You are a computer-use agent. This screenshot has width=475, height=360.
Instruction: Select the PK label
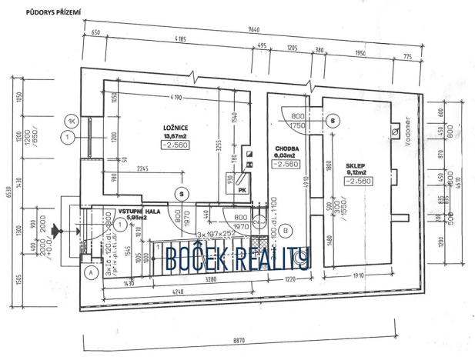point(241,189)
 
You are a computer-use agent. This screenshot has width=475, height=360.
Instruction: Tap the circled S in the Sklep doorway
point(332,121)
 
